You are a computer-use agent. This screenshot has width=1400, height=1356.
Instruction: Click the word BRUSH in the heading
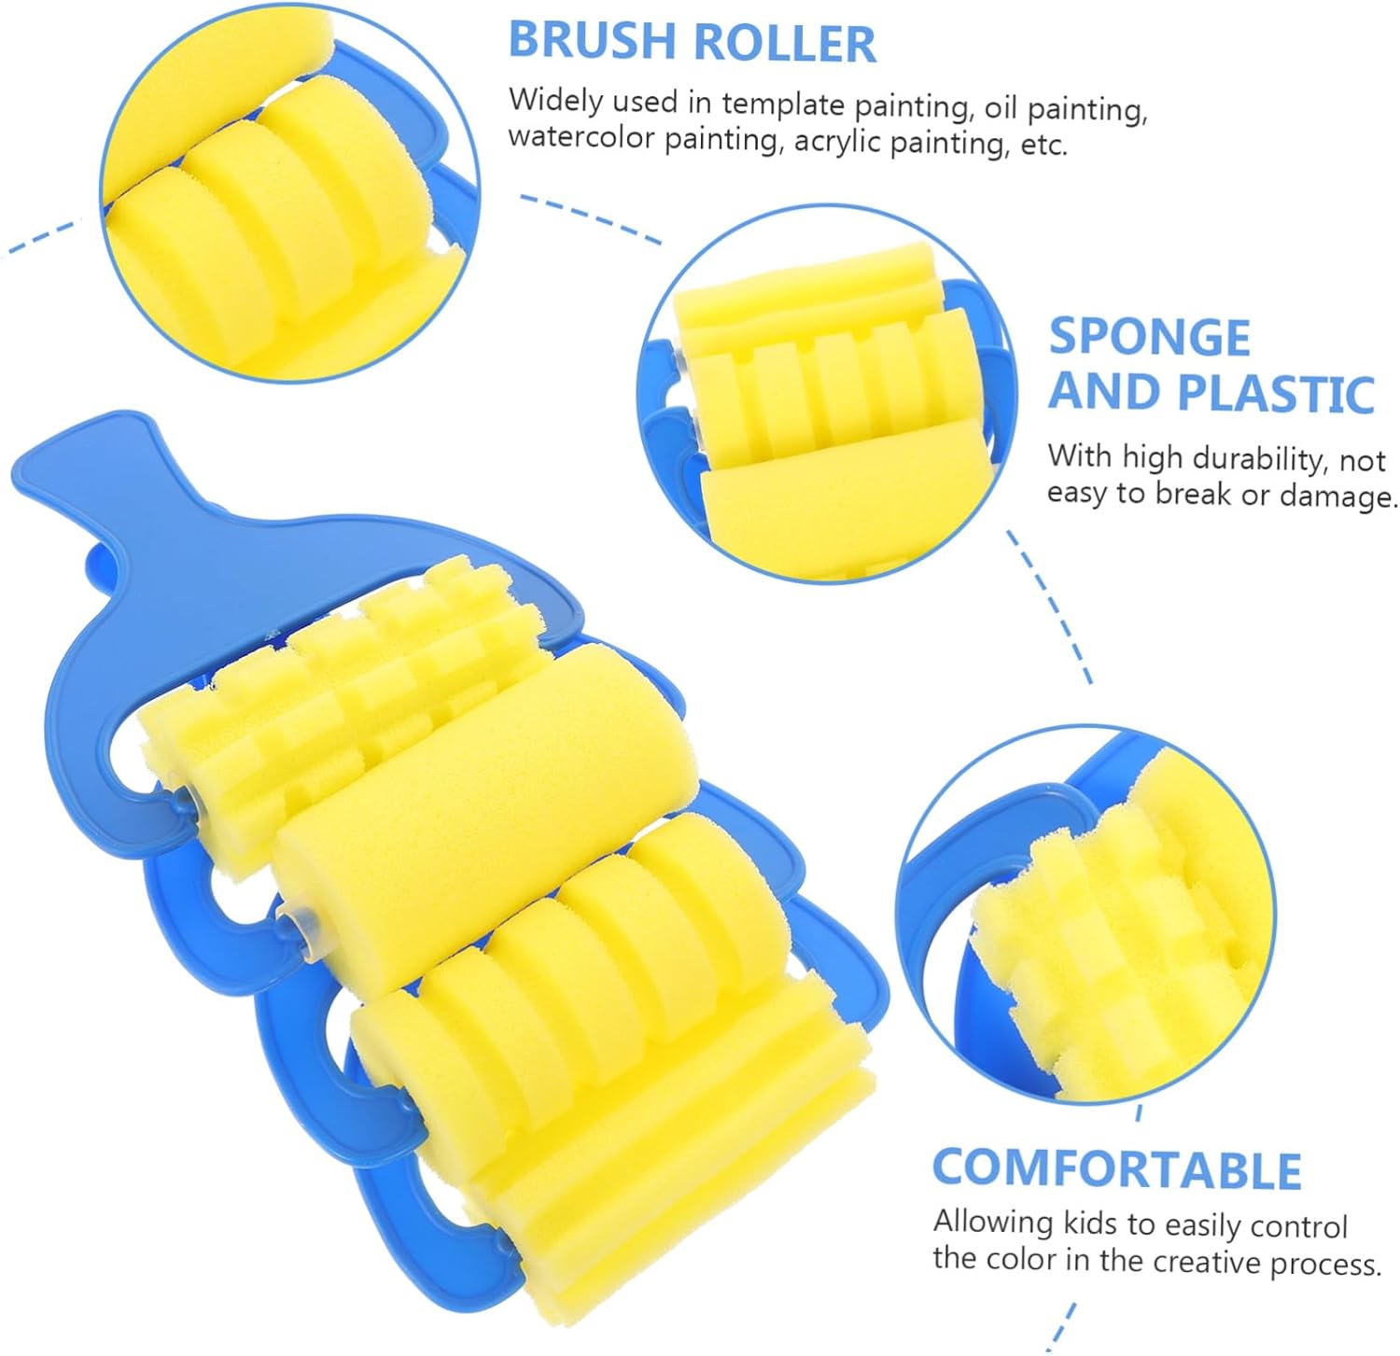[x=592, y=41]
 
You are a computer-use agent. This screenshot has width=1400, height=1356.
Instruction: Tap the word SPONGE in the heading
[x=1149, y=337]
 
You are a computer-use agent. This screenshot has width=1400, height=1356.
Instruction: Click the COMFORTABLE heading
[x=1116, y=1169]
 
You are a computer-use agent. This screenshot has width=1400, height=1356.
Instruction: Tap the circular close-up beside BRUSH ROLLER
[x=289, y=191]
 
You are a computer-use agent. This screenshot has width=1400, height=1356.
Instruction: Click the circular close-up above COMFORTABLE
[x=1087, y=915]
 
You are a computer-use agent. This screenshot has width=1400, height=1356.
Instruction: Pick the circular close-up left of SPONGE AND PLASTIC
[x=826, y=392]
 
